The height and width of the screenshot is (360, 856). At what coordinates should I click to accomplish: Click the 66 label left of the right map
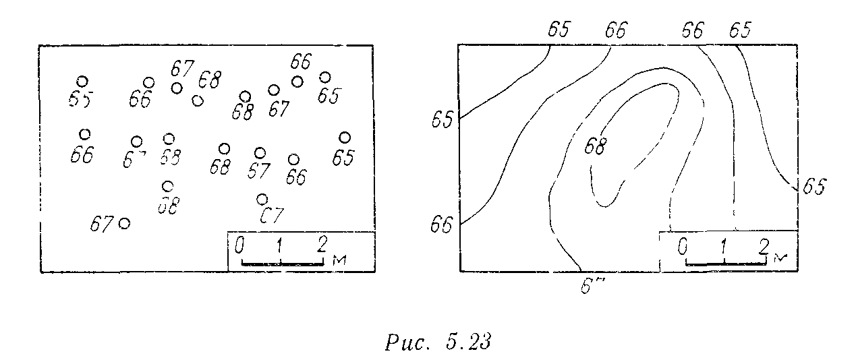click(x=443, y=224)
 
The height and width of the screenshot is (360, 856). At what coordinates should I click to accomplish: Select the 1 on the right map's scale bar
click(x=723, y=247)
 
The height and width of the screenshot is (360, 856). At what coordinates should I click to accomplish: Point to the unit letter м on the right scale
click(x=781, y=257)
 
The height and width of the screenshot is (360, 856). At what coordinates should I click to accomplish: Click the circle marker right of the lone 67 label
click(x=124, y=223)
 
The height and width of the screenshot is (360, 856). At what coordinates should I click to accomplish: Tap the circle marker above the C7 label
click(x=262, y=199)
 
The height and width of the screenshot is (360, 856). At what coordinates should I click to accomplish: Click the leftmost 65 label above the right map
click(x=559, y=30)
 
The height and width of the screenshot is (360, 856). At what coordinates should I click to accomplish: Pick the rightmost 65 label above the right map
click(x=739, y=30)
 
